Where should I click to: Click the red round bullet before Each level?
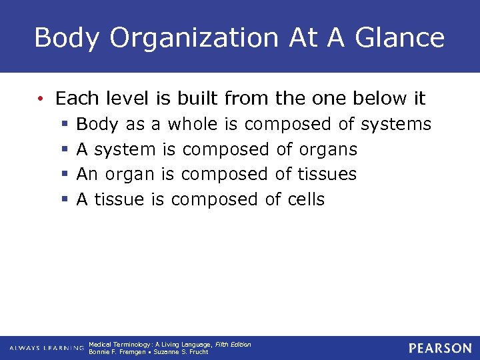coord(41,99)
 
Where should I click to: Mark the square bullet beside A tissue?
coord(64,199)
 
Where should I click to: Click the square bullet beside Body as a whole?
coord(64,125)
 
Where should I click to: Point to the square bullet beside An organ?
coord(64,175)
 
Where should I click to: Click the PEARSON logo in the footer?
coord(440,348)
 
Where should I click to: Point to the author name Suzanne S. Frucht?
coord(182,352)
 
